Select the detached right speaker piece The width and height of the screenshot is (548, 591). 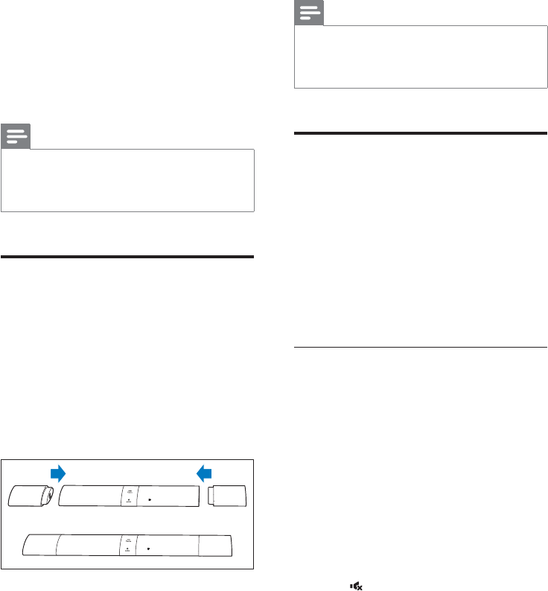coord(231,496)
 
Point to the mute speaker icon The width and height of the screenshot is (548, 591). coord(357,587)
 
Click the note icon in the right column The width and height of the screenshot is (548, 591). coord(308,13)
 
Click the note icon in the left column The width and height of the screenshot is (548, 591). coord(16,136)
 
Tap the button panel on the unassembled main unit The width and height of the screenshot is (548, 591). coord(130,496)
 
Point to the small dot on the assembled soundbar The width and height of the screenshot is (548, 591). coord(148,546)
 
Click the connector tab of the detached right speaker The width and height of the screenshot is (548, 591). coord(211,496)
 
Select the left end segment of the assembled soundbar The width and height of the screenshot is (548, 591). coord(39,544)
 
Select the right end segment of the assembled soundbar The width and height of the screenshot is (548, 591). coord(217,544)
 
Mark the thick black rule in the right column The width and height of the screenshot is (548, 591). coord(421,134)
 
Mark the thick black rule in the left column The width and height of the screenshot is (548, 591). coord(128,257)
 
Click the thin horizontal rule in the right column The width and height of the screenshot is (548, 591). coord(421,346)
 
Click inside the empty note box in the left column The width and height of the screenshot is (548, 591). coord(128,180)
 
